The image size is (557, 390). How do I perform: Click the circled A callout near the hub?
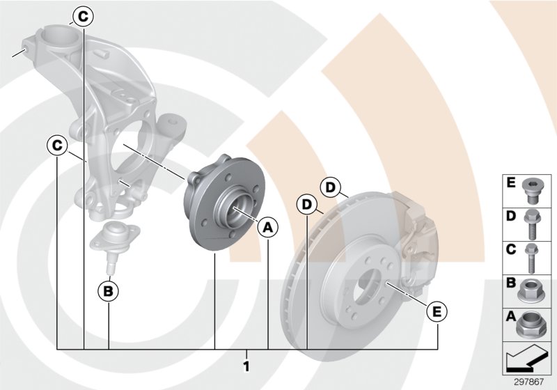(268, 226)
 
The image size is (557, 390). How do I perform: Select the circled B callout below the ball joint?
(109, 290)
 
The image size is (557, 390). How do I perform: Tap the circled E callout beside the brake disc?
(437, 311)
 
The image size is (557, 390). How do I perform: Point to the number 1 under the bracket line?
(247, 364)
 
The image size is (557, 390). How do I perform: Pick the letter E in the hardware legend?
(510, 185)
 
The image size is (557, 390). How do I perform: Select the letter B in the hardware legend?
(510, 283)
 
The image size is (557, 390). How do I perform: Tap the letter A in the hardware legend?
(510, 317)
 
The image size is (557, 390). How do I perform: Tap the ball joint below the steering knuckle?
(112, 241)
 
